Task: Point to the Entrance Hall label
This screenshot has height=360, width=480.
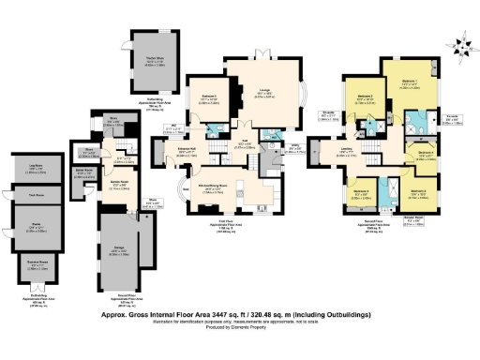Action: click(x=185, y=148)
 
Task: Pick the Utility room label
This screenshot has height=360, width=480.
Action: click(x=295, y=145)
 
